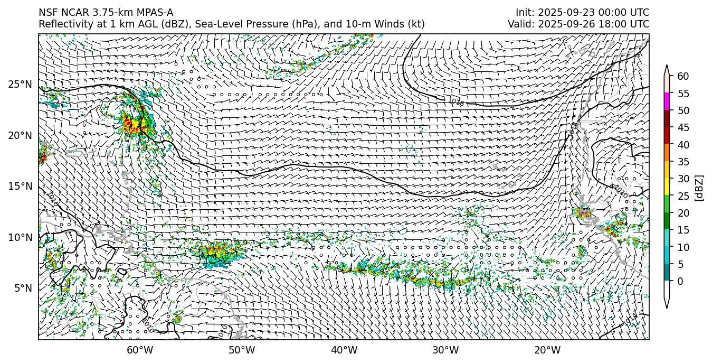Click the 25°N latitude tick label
(x=20, y=85)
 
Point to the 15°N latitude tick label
(x=20, y=187)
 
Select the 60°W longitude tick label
(x=140, y=350)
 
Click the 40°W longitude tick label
(x=344, y=350)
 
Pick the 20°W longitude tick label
(x=547, y=350)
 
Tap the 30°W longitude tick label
(x=445, y=350)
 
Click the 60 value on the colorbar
(x=683, y=77)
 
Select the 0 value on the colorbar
(x=680, y=281)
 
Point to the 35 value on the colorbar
(x=683, y=162)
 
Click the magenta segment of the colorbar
(x=667, y=101)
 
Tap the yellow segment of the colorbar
(x=667, y=187)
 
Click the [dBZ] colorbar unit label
(x=699, y=187)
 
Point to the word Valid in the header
(x=520, y=24)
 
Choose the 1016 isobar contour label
(x=455, y=102)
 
